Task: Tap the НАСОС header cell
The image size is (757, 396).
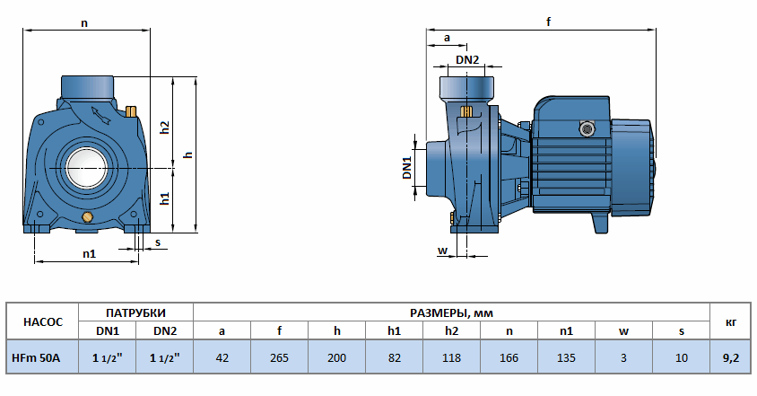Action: pos(42,321)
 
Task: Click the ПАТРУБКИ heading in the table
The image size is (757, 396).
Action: pos(135,312)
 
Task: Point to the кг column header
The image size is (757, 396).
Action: pos(730,321)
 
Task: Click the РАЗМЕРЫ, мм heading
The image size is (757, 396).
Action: pos(451,312)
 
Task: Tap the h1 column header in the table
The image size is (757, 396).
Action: pos(394,330)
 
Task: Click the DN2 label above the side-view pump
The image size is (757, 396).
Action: pos(467,60)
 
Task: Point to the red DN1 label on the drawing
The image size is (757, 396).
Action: pos(406,168)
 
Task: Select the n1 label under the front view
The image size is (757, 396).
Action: pos(89,254)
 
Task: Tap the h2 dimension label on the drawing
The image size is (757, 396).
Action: pos(164,127)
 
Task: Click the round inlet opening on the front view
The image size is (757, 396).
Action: pos(87,168)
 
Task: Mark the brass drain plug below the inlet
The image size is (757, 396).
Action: pos(87,218)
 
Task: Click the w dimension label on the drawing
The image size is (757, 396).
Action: pos(442,250)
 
